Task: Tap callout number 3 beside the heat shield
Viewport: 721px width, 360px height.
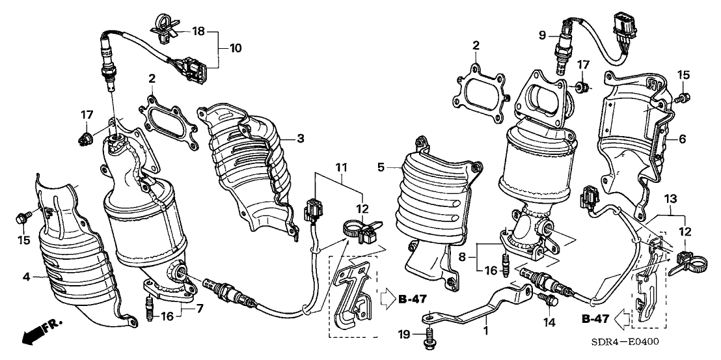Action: point(301,138)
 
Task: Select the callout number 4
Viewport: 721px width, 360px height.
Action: point(27,277)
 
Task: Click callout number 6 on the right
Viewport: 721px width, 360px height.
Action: point(682,139)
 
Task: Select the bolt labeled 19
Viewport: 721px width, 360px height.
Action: point(428,339)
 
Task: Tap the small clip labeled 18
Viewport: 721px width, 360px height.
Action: point(163,24)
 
